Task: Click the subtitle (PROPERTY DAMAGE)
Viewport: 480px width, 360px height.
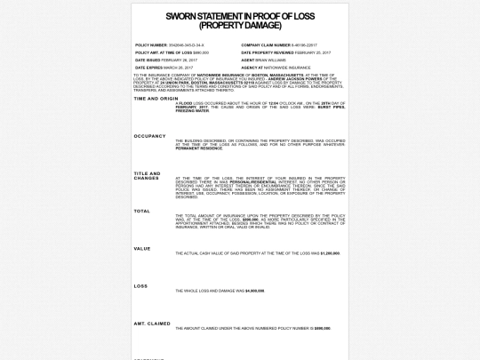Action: click(x=240, y=24)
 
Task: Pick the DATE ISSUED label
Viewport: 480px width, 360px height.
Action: click(x=148, y=60)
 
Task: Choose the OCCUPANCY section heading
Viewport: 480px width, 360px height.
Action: click(x=149, y=136)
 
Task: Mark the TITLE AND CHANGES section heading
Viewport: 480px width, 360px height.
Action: click(x=147, y=175)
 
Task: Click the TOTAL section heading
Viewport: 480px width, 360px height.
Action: click(x=141, y=211)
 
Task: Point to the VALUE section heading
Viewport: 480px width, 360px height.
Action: click(x=141, y=248)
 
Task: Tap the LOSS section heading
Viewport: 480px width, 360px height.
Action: click(x=140, y=285)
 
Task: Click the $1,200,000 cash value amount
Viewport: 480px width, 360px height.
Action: click(x=330, y=253)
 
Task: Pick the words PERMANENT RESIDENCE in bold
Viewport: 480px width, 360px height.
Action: click(x=199, y=148)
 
